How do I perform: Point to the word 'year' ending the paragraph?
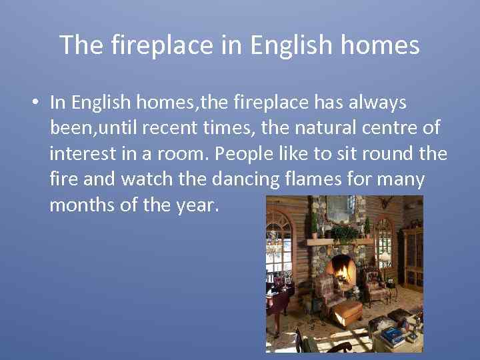click(196, 205)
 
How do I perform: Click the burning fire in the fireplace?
click(344, 271)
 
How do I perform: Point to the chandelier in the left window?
click(275, 241)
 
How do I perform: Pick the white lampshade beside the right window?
click(385, 256)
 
